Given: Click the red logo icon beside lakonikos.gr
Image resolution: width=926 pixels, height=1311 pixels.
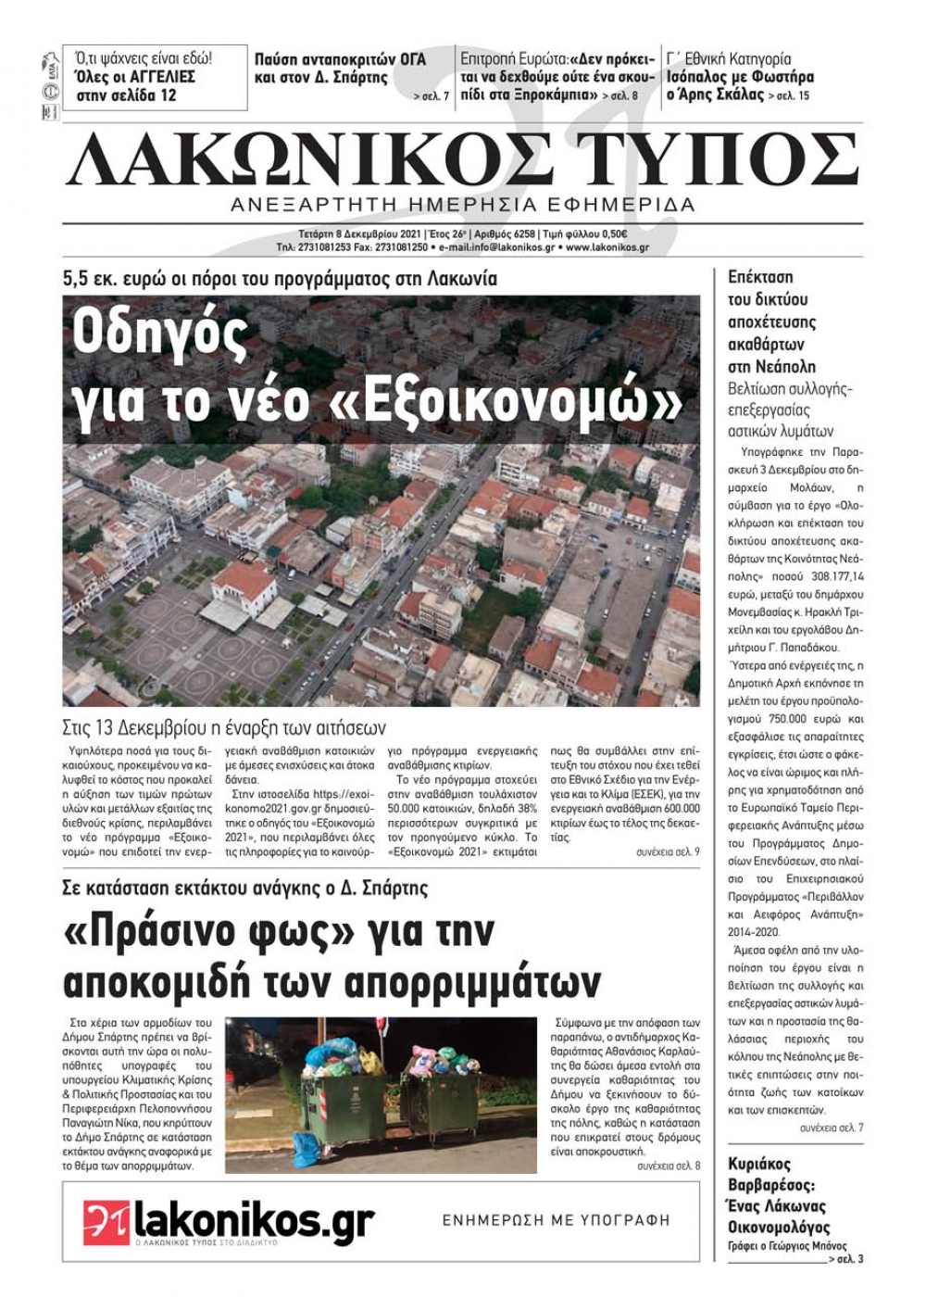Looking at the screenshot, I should pyautogui.click(x=106, y=1221).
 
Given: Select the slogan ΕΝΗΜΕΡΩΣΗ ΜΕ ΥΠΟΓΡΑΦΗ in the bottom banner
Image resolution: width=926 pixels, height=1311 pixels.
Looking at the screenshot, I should pyautogui.click(x=556, y=1221).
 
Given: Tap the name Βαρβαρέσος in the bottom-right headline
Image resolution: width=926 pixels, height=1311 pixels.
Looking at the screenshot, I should pyautogui.click(x=771, y=1185).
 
